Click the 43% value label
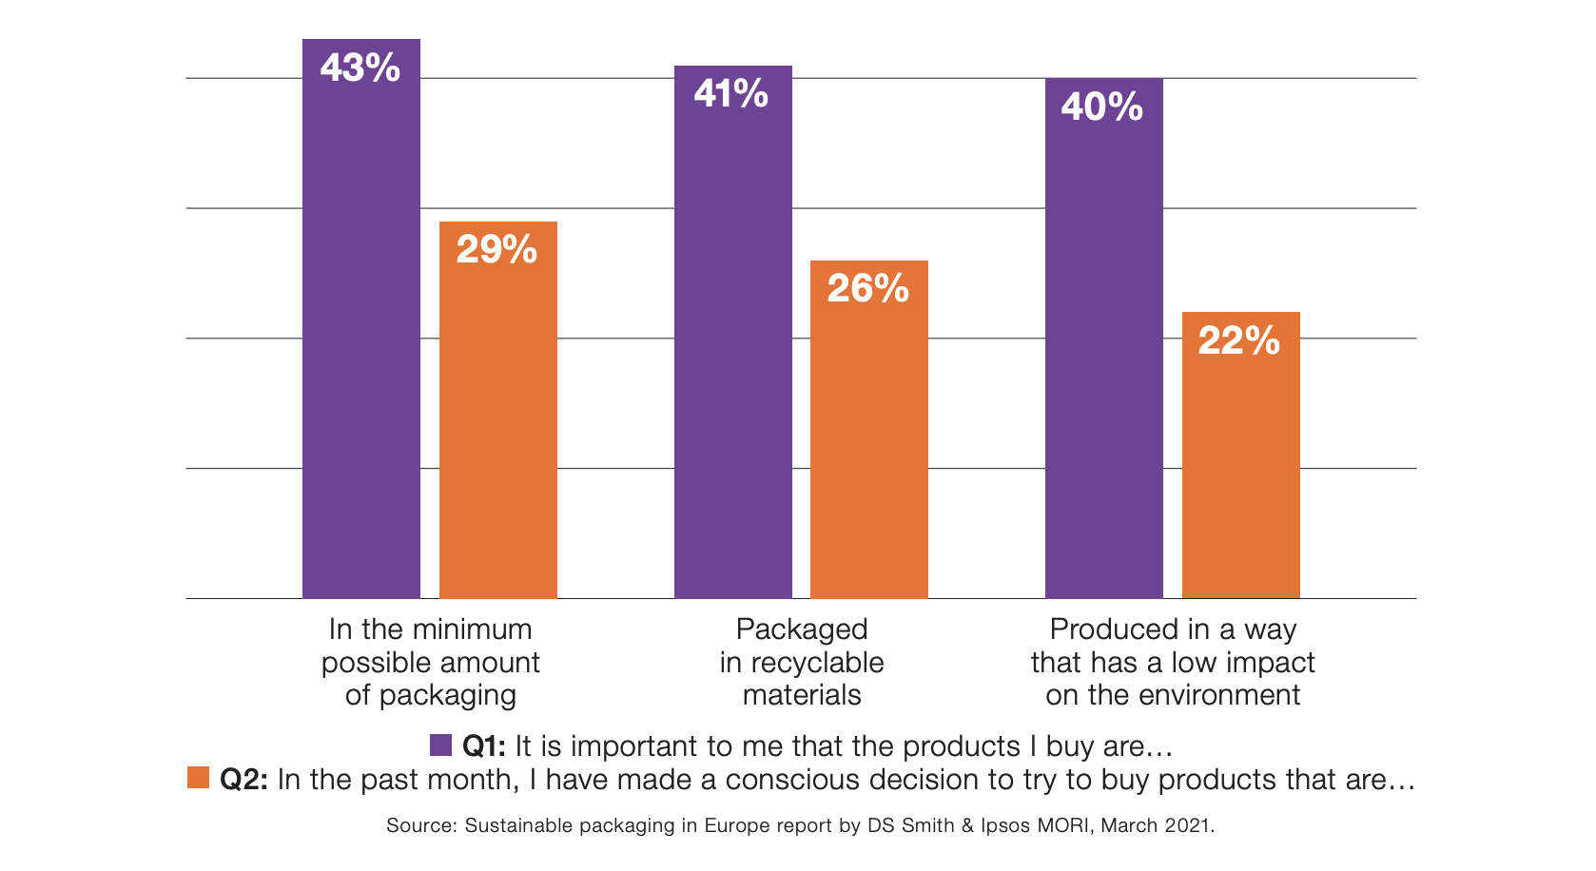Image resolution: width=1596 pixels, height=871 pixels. [360, 68]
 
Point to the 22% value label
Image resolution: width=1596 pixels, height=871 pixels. [1239, 340]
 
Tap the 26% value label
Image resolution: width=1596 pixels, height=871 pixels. [868, 288]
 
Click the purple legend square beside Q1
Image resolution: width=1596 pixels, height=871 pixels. [440, 745]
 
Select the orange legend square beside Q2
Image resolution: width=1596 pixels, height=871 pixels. [198, 778]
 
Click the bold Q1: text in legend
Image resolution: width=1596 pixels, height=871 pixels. [483, 746]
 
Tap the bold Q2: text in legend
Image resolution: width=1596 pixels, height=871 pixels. [243, 780]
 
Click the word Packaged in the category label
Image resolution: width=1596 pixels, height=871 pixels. [801, 629]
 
